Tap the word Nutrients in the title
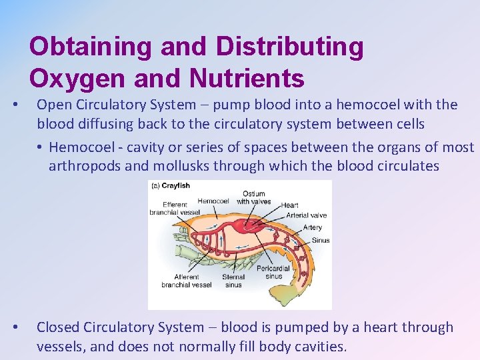[x=247, y=78]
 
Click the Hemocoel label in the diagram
[x=213, y=200]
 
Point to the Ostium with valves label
[x=254, y=198]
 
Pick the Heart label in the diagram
[x=289, y=205]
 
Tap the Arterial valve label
[x=306, y=215]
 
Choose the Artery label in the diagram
[x=312, y=227]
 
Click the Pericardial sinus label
[x=273, y=272]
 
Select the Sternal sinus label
[x=233, y=281]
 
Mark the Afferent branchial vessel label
[x=186, y=281]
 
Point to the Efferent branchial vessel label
[x=175, y=209]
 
